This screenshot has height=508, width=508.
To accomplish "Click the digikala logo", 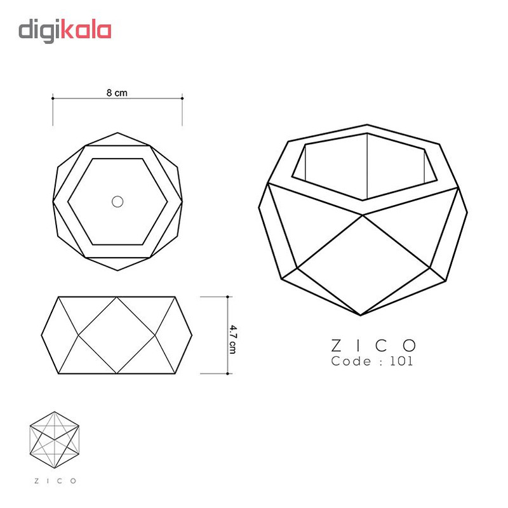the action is [x=65, y=31].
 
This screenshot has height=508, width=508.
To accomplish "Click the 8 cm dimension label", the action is [x=117, y=93].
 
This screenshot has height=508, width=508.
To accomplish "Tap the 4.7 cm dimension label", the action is [x=232, y=339].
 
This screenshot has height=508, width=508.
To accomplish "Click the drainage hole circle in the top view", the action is [x=117, y=201].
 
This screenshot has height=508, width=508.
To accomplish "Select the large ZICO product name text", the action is [x=373, y=345].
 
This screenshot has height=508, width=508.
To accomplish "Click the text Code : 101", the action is [x=372, y=361].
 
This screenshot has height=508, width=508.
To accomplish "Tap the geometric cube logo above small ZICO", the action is [x=55, y=440].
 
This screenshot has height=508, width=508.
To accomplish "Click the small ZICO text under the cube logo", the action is [x=55, y=481].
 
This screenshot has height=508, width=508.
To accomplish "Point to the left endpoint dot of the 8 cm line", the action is [x=53, y=98].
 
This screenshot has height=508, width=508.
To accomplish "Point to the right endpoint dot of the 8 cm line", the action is [x=182, y=98].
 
